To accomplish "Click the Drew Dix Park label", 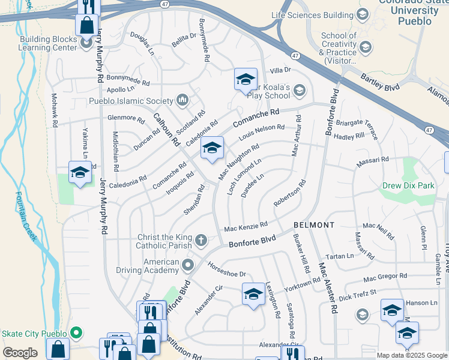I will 408,185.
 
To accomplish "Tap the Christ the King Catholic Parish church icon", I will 201,241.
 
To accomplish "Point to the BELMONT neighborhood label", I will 314,224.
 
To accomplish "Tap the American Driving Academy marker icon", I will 188,265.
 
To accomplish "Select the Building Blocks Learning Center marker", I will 86,42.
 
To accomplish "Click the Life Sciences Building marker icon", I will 362,14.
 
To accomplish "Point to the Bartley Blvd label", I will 379,82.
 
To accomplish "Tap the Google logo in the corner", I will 20,353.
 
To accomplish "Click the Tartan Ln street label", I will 341,256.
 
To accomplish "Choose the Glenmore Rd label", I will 123,118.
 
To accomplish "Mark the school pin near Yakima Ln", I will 80,173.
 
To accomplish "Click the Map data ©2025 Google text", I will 411,355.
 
